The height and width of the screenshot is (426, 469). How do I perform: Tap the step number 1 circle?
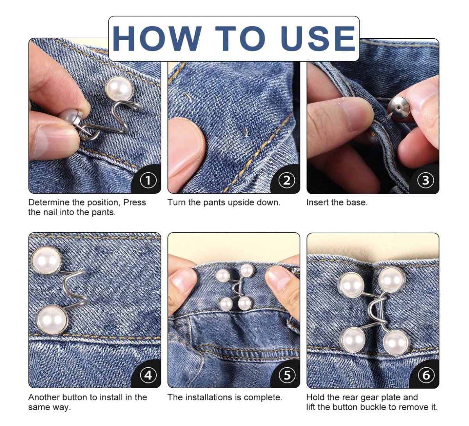pos(148,180)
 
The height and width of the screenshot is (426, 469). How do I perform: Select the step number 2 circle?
pos(287,180)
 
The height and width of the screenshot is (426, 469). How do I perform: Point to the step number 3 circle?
pos(426,180)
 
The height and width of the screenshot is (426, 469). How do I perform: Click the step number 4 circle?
pos(148,375)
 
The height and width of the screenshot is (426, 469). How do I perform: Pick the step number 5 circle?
pos(287,375)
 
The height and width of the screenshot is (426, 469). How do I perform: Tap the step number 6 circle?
pos(426,375)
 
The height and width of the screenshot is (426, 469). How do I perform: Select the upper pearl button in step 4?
pos(47,261)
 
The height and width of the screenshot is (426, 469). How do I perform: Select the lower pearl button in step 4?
pos(50,319)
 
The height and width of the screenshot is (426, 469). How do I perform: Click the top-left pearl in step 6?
pos(350,285)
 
